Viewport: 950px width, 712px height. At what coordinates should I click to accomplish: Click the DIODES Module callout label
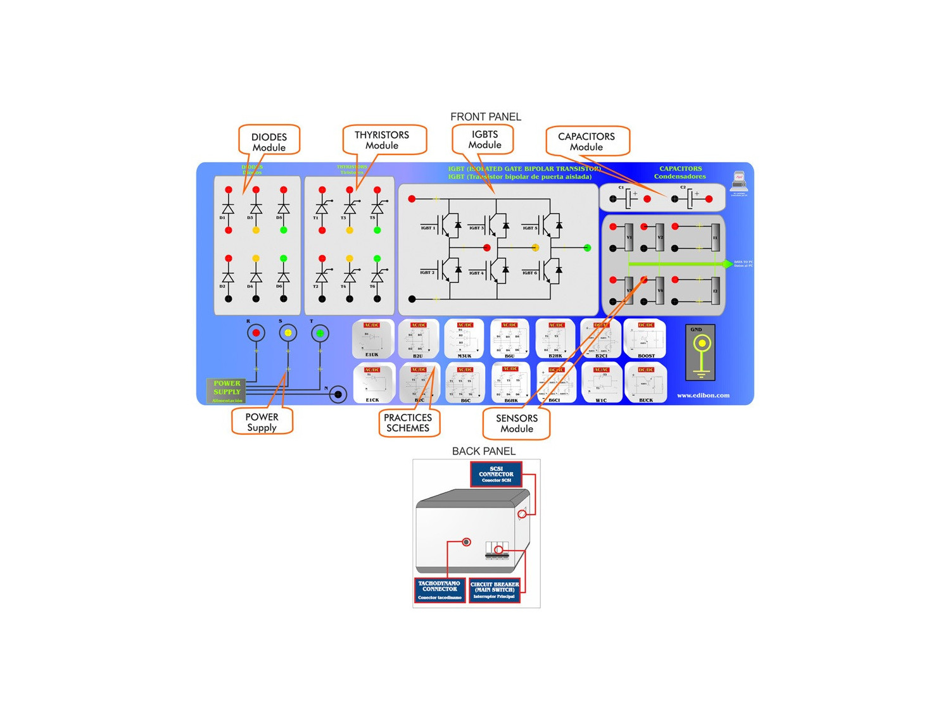click(x=269, y=142)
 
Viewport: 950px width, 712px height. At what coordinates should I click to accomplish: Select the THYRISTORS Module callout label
click(x=382, y=140)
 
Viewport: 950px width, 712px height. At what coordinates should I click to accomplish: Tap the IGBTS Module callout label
click(x=484, y=139)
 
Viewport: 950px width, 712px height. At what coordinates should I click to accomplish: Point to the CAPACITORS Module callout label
click(x=586, y=141)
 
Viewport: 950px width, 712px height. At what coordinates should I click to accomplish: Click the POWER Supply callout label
click(x=262, y=422)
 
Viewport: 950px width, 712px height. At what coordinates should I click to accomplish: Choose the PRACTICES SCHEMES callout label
click(x=408, y=423)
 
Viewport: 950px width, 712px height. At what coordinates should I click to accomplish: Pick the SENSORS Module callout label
click(x=517, y=423)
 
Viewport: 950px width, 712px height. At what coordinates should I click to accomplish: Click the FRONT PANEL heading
click(x=486, y=116)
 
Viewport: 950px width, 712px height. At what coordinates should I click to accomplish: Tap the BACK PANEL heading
click(x=484, y=451)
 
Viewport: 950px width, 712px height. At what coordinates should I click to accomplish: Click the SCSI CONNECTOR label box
click(x=496, y=474)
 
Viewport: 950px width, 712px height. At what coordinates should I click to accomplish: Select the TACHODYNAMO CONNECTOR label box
click(x=440, y=590)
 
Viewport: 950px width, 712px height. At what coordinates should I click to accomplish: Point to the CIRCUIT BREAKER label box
click(x=495, y=590)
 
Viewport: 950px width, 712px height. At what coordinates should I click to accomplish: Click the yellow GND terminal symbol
click(x=701, y=344)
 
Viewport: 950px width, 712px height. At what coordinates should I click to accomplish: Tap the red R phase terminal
click(x=256, y=333)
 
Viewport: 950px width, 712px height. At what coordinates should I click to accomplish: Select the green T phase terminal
click(x=320, y=333)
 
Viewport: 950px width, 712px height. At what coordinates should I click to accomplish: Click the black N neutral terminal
click(x=338, y=395)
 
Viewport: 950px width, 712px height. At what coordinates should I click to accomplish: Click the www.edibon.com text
click(x=703, y=396)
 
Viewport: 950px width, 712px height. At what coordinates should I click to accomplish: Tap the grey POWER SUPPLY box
click(x=226, y=391)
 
